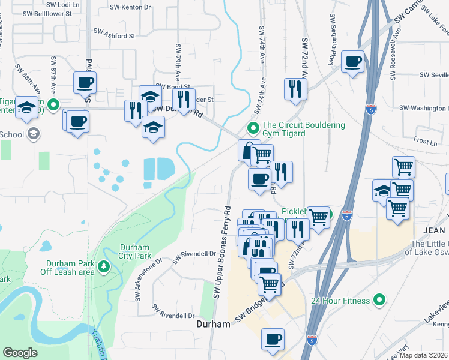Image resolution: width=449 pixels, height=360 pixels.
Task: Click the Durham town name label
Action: pos(213,324)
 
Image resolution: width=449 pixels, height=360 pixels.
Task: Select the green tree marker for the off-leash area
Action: pos(104,265)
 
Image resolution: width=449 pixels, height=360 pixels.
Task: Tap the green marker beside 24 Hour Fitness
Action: pos(379,299)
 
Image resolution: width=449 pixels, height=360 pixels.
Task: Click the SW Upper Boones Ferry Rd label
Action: pos(221,253)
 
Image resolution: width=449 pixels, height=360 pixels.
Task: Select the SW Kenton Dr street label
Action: pos(130,7)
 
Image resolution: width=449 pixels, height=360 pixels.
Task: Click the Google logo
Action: pos(20,353)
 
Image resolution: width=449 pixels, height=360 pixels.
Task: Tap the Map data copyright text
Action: pos(423,355)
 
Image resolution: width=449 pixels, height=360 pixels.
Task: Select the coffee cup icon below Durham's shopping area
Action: pos(273,338)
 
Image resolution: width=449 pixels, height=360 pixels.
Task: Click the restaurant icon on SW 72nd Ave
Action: pos(295,89)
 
